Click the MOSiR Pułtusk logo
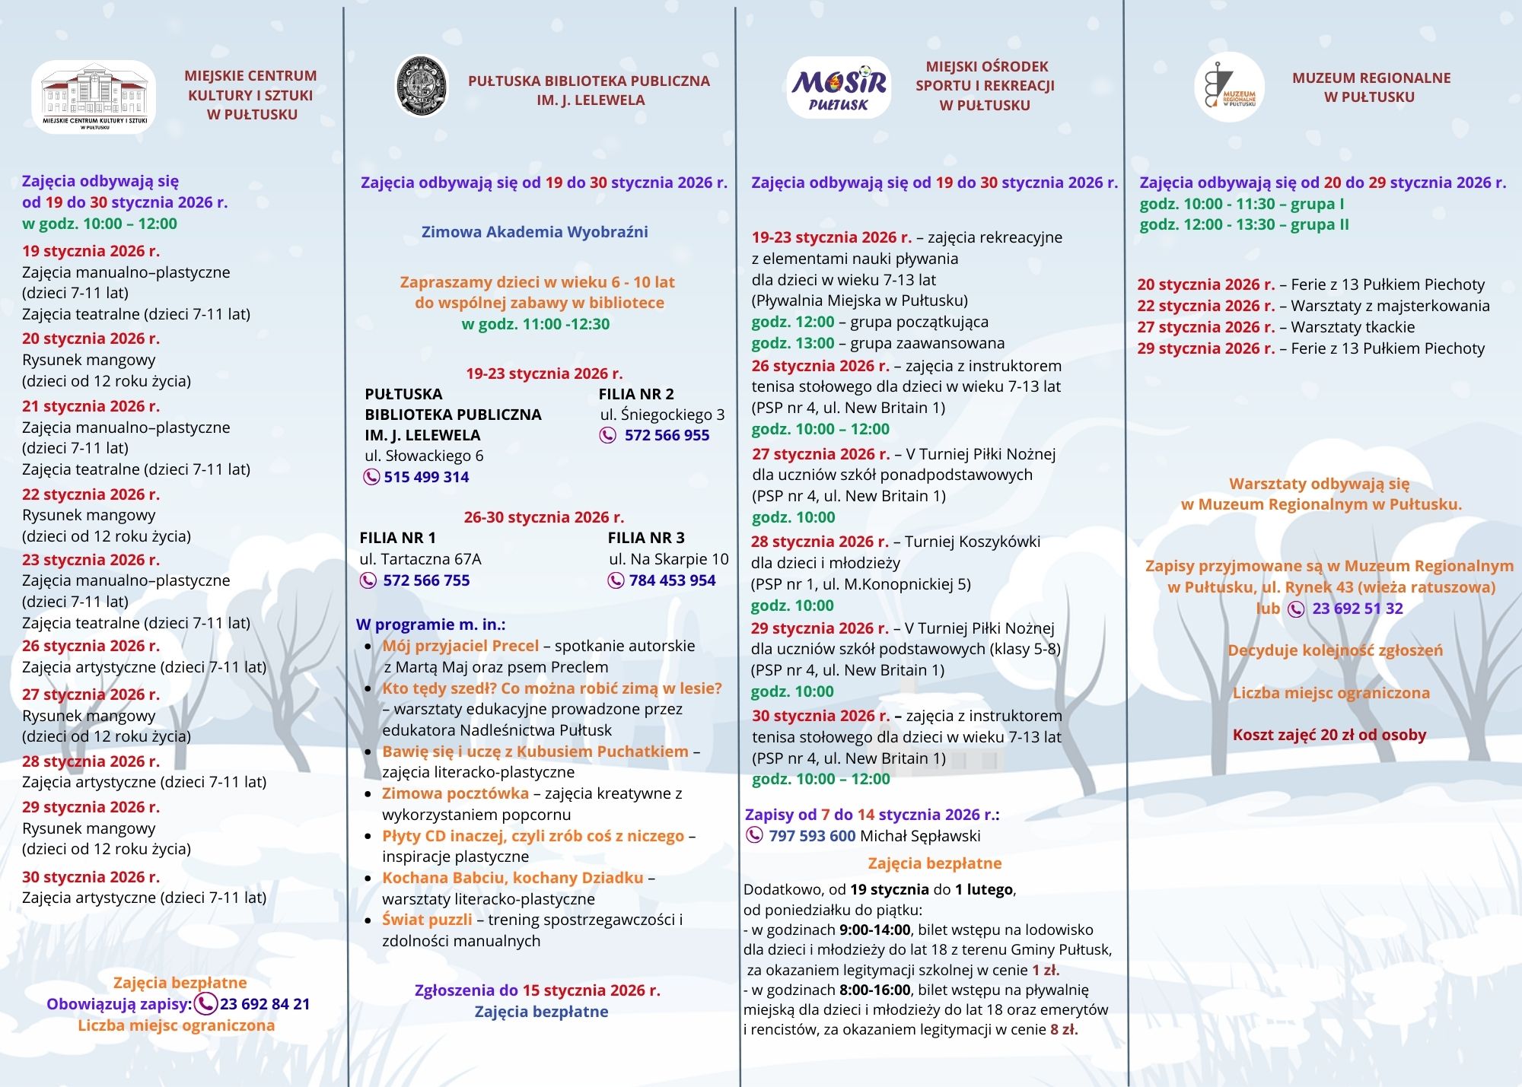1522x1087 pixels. (x=838, y=88)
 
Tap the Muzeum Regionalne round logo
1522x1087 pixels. (x=1229, y=87)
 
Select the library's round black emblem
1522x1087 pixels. (x=422, y=86)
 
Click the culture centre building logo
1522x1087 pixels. (x=94, y=97)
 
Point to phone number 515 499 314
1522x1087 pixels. (x=426, y=477)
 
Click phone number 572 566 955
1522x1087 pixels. (x=667, y=435)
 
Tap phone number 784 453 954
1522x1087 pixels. (x=672, y=580)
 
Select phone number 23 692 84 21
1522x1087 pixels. (x=265, y=1004)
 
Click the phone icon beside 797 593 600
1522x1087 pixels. (x=754, y=835)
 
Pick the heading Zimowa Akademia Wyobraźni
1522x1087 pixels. (x=534, y=232)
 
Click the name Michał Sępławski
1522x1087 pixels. (x=920, y=836)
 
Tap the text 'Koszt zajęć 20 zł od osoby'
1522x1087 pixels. (x=1329, y=735)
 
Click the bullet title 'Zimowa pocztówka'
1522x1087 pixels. (x=455, y=793)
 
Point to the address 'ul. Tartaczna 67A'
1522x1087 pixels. (x=420, y=559)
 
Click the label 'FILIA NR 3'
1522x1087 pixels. (x=646, y=538)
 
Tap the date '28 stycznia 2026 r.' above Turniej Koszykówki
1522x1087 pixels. (x=820, y=542)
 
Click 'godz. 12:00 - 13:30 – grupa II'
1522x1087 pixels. (x=1243, y=224)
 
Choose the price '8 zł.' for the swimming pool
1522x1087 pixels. (x=1064, y=1030)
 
